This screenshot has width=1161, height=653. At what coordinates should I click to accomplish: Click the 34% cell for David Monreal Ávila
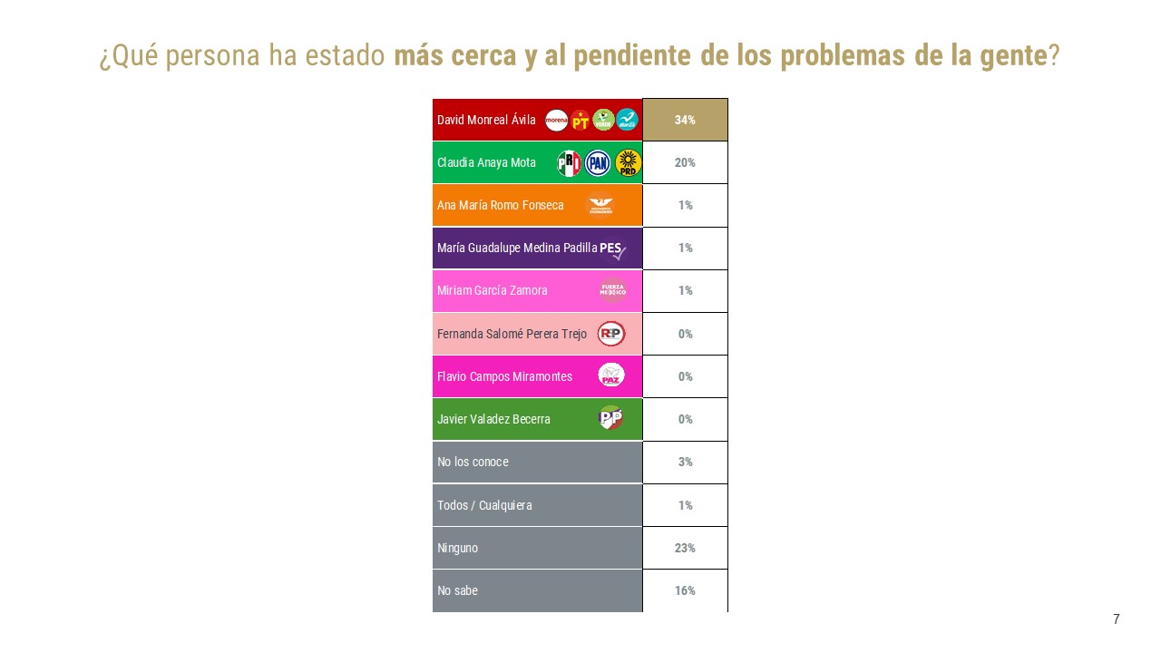click(685, 120)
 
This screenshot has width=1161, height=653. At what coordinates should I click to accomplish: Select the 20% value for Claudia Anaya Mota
click(685, 162)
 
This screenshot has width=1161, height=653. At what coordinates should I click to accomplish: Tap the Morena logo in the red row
click(556, 120)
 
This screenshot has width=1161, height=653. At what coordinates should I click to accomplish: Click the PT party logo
click(580, 120)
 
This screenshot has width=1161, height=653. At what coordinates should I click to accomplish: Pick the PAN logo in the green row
click(598, 162)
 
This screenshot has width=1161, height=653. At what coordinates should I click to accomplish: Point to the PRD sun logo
click(628, 162)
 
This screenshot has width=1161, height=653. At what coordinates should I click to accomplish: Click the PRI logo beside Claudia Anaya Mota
click(569, 162)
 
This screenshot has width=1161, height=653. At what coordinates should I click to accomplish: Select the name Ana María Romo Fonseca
click(500, 205)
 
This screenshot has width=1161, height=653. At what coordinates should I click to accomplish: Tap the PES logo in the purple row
click(612, 249)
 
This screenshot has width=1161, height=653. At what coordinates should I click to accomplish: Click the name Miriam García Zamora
click(492, 291)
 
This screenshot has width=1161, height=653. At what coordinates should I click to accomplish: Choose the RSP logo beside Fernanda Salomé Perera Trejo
click(610, 334)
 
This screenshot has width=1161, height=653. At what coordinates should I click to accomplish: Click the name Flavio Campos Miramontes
click(504, 376)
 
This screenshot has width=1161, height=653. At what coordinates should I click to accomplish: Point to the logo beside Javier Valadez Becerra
click(610, 419)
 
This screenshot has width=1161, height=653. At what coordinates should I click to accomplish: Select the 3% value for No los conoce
click(685, 462)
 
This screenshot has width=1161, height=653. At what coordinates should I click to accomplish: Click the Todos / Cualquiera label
click(484, 505)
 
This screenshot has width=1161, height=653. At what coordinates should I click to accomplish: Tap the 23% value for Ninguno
click(685, 548)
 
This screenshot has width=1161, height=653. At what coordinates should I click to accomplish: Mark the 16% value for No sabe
click(685, 590)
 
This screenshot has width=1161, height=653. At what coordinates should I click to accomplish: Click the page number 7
click(1117, 619)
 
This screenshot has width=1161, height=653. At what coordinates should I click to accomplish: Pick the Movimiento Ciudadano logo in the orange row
click(600, 205)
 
